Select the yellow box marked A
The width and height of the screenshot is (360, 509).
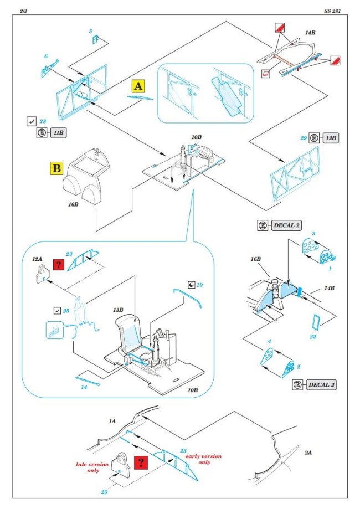click(138, 86)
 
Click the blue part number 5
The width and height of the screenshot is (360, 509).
click(90, 32)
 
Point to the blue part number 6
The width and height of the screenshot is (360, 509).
click(46, 56)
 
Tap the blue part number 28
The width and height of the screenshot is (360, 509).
click(42, 121)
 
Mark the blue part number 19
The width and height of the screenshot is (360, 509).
click(200, 285)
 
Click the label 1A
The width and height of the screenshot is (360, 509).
click(112, 421)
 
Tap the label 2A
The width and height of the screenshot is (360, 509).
click(308, 453)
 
